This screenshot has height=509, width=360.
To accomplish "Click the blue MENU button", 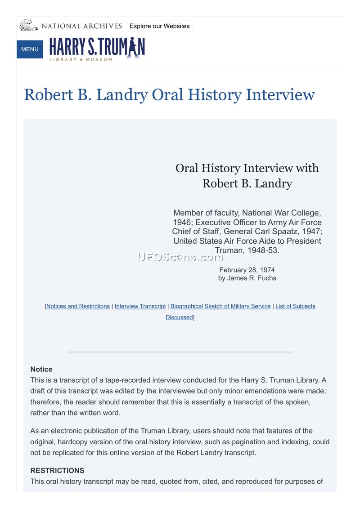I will pyautogui.click(x=30, y=49).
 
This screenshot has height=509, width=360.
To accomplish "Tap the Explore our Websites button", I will pyautogui.click(x=159, y=26).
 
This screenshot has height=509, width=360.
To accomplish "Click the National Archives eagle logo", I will pyautogui.click(x=28, y=25).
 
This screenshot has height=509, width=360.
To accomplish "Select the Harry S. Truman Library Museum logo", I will pyautogui.click(x=97, y=49).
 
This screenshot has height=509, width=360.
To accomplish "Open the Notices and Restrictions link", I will pyautogui.click(x=78, y=306).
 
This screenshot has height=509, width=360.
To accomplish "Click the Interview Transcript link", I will pyautogui.click(x=140, y=306).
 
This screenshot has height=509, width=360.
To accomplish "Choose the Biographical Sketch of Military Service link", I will pyautogui.click(x=220, y=306).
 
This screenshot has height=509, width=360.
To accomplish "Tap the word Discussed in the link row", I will pyautogui.click(x=179, y=317).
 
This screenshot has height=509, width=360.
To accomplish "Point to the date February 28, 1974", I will pyautogui.click(x=247, y=270).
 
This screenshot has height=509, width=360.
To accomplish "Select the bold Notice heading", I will pyautogui.click(x=41, y=369).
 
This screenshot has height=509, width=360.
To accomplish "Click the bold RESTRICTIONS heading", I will pyautogui.click(x=57, y=470).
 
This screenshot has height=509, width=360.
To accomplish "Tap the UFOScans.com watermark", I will pyautogui.click(x=180, y=257).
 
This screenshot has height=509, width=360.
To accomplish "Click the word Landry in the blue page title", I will pyautogui.click(x=122, y=95).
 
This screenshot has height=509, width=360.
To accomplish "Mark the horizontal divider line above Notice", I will pyautogui.click(x=180, y=352).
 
